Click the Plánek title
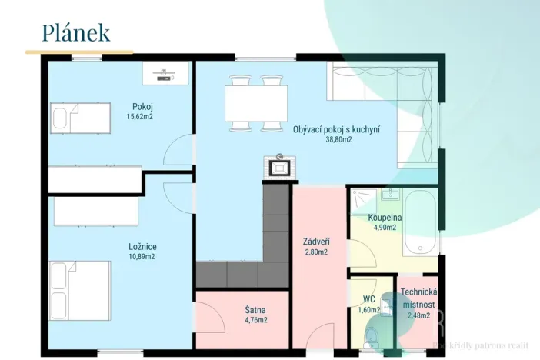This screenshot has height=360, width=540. click(75, 33)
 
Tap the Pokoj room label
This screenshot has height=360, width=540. click(142, 107)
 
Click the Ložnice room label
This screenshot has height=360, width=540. click(142, 247)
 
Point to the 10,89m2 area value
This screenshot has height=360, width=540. click(142, 257)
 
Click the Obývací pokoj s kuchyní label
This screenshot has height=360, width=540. click(336, 130)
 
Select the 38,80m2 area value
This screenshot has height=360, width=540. click(338, 140)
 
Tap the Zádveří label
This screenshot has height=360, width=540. click(315, 242)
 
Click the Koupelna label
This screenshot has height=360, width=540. click(385, 218)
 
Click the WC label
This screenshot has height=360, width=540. click(369, 300)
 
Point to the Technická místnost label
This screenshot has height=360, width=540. click(419, 299)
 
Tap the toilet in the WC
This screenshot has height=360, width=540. click(372, 335)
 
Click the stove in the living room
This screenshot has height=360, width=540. click(278, 166)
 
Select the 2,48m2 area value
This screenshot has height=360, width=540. click(418, 315)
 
